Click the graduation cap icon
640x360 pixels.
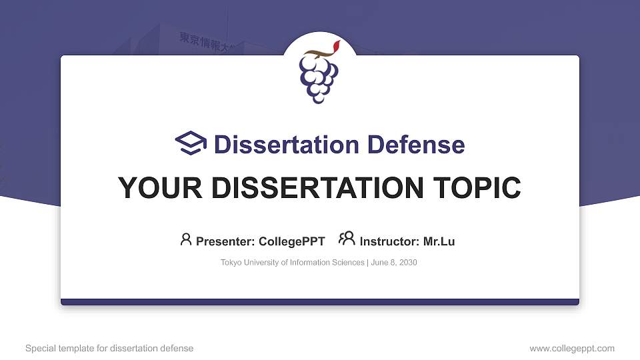191,144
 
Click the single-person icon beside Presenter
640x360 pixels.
186,239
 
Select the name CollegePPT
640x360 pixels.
292,241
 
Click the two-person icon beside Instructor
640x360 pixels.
347,239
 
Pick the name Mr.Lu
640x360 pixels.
439,241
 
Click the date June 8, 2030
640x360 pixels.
394,263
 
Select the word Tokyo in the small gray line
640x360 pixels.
231,263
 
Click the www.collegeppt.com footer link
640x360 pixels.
572,348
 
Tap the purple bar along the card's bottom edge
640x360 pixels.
320,302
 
